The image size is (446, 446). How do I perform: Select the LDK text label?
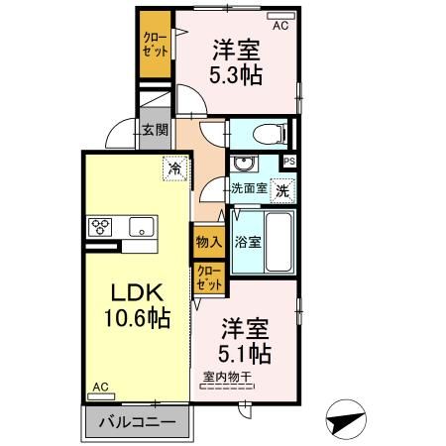coord(135,292)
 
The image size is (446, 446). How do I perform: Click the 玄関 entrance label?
coord(154,130)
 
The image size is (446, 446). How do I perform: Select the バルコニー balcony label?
coord(139,422)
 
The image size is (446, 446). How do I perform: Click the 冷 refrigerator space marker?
coord(174,168)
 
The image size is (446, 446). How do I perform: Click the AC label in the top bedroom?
coord(279,26)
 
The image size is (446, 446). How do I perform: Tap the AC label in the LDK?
coord(101,387)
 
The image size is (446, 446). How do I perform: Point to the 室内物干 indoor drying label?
coord(228,377)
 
